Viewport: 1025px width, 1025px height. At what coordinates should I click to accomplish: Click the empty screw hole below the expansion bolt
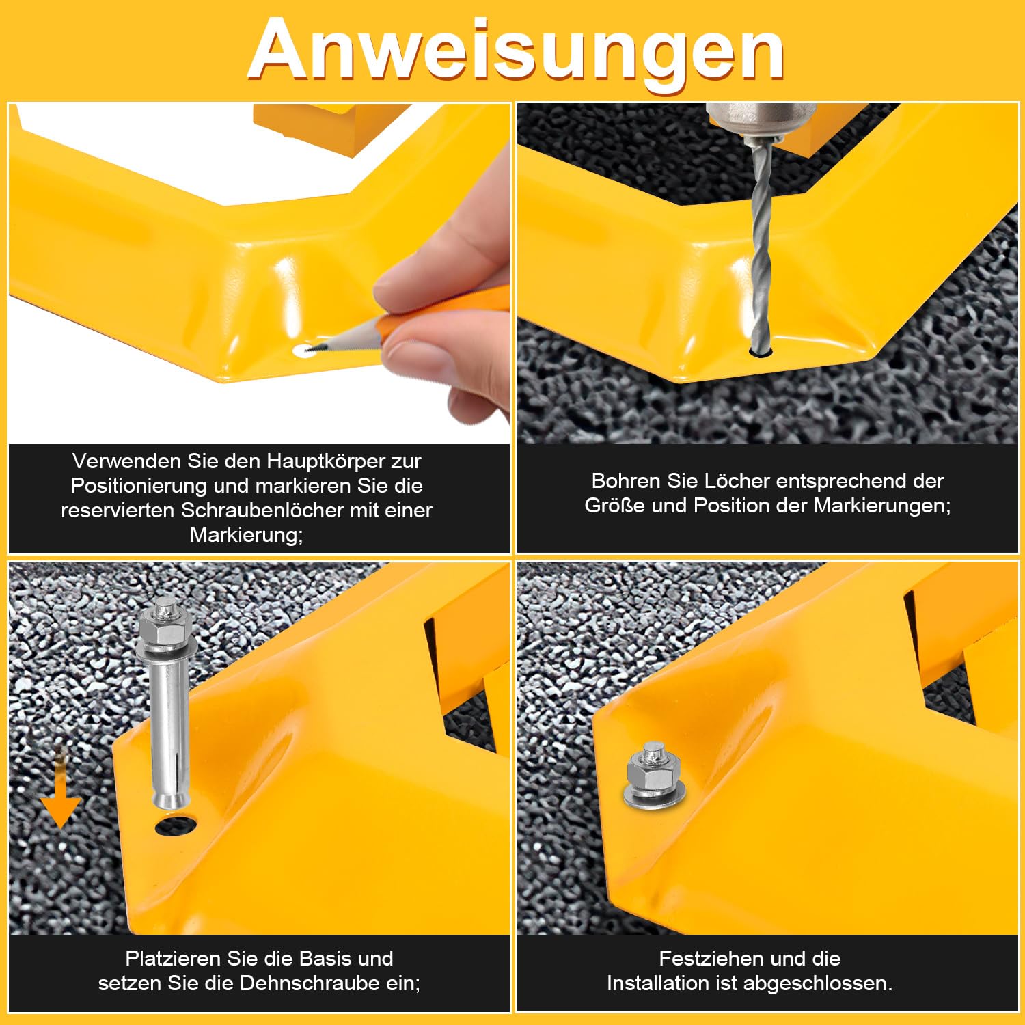[x=176, y=825]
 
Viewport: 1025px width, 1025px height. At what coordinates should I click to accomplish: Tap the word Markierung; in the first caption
[x=247, y=535]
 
